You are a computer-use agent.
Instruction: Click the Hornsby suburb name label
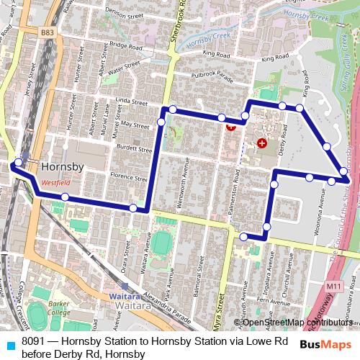63,166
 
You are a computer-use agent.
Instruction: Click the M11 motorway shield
333,287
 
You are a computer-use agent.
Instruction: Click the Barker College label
59,307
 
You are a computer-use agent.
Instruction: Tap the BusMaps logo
325,345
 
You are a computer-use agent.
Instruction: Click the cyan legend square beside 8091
9,342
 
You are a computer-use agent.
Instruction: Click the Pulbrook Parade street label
214,76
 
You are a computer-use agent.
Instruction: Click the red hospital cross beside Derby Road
261,143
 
